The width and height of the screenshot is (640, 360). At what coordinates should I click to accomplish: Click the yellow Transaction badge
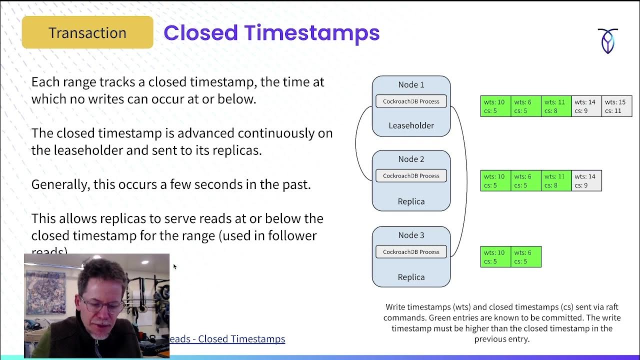pos(87,33)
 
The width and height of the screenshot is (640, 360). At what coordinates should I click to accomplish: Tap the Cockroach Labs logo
pos(607,41)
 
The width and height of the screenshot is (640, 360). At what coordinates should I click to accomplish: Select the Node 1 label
pos(411,85)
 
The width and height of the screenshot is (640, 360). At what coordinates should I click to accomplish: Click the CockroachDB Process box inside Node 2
pos(411,176)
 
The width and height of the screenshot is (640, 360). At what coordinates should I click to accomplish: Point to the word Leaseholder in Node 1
pos(411,125)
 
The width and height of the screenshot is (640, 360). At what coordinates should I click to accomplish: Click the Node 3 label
pos(411,235)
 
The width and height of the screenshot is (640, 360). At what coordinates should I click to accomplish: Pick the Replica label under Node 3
pos(411,277)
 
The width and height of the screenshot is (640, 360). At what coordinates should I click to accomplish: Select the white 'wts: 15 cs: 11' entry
pos(616,106)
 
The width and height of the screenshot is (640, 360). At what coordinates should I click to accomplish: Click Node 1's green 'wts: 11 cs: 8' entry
pos(555,106)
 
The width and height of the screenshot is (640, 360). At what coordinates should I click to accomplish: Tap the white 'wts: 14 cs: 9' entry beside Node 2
pos(585,181)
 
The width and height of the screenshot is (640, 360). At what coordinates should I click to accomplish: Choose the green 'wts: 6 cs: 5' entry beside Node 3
pos(525,257)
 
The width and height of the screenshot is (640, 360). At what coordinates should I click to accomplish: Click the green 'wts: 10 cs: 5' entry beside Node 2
pos(495,181)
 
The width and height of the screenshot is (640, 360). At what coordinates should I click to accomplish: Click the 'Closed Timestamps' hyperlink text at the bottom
pos(241,339)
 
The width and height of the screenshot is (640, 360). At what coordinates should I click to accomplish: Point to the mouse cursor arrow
pos(174,266)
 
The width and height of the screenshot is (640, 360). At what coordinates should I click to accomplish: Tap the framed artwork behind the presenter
pos(45,292)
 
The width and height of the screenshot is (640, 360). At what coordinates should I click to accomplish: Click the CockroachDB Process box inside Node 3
pos(411,252)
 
